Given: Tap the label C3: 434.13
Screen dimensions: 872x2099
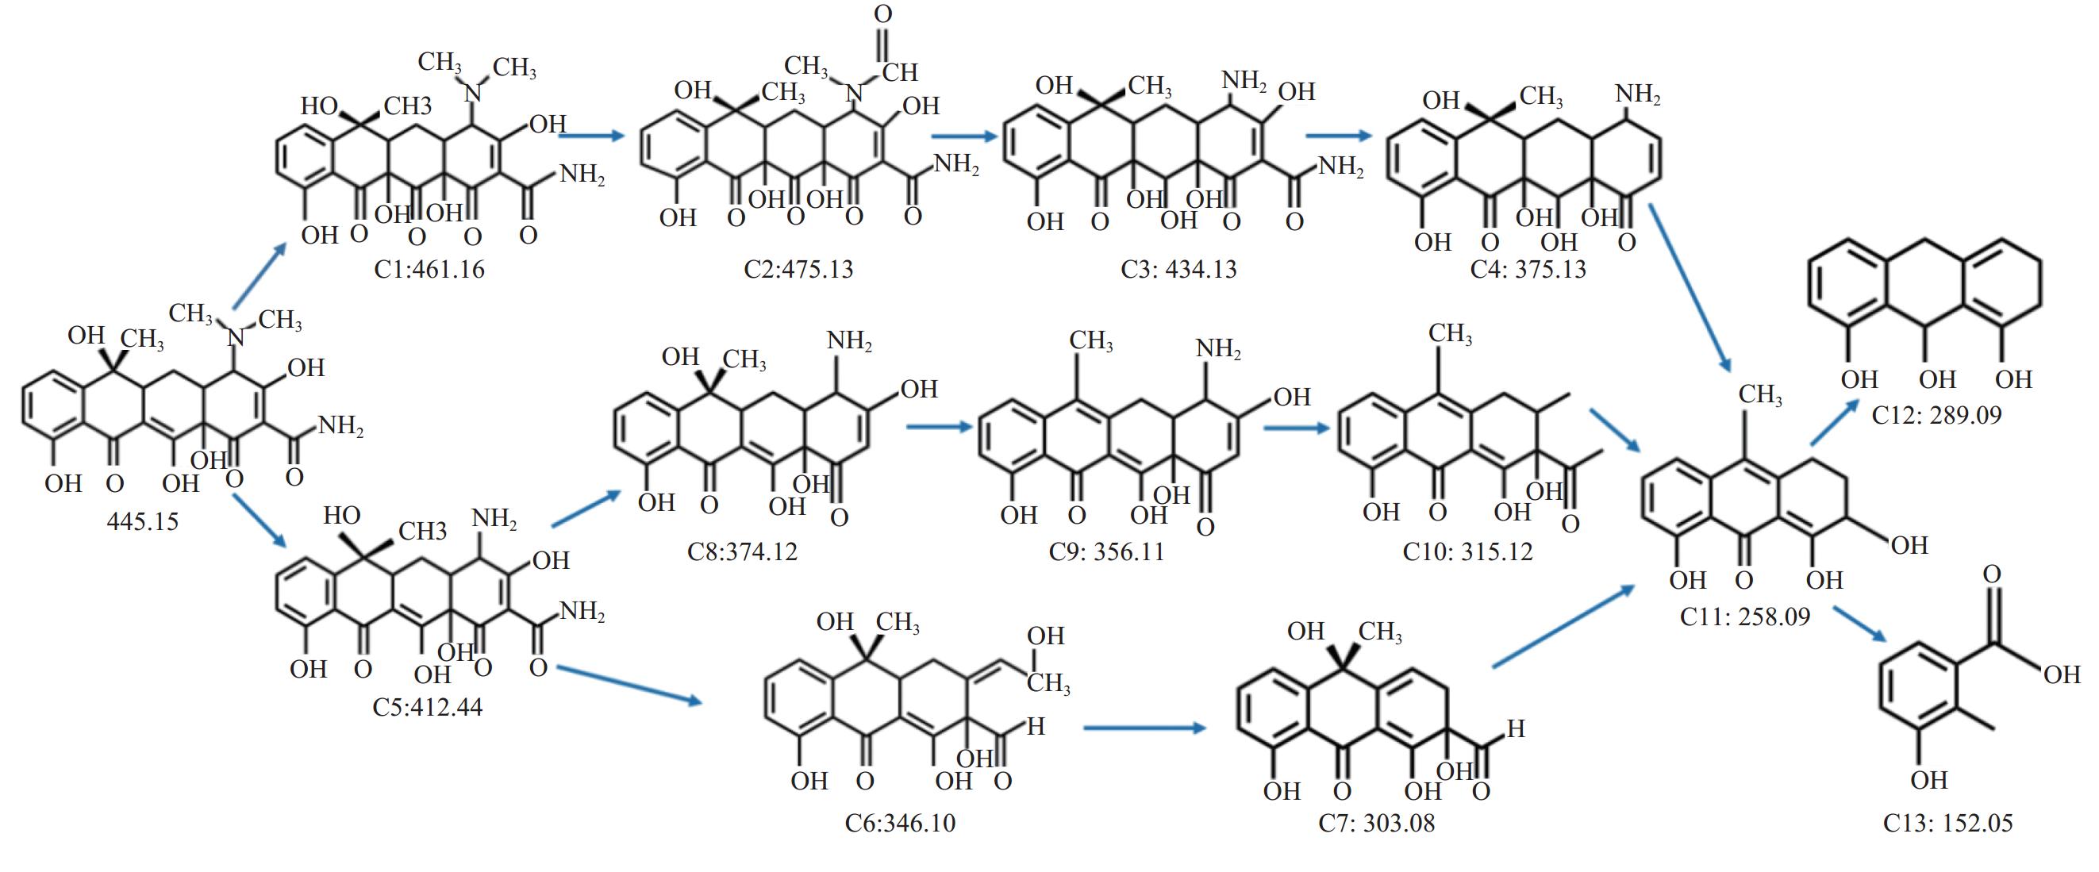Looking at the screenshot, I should click(x=1178, y=269).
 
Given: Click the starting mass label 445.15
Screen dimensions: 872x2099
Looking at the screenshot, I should click(x=143, y=521).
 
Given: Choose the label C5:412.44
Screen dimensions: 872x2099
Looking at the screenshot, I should click(x=427, y=706).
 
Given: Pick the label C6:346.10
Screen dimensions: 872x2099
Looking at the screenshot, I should click(x=900, y=823).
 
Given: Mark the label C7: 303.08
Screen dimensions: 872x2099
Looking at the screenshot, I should click(x=1376, y=823).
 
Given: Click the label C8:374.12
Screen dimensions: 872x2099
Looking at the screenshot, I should click(x=741, y=551).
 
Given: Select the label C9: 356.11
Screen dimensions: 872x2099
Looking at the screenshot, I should click(x=1105, y=551).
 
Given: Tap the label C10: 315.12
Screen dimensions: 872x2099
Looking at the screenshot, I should click(x=1467, y=551).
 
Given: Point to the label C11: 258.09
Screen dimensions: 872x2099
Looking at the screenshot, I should click(x=1744, y=616).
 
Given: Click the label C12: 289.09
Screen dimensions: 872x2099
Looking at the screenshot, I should click(x=1936, y=415).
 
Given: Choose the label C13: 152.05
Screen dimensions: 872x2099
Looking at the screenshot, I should click(x=1947, y=823).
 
